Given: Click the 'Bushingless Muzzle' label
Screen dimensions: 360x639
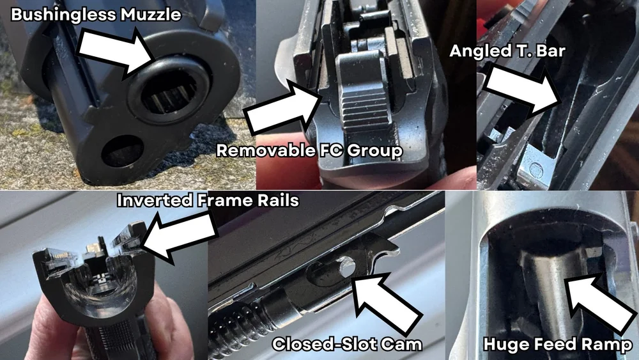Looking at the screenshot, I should coord(96,15).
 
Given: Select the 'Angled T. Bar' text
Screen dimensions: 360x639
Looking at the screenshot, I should coord(508,51).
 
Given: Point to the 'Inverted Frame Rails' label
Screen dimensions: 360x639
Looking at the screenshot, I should coord(208,200).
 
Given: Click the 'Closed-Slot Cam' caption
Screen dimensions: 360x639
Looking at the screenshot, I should coord(347,344).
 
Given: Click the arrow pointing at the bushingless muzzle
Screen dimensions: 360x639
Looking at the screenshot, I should coord(118,52).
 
